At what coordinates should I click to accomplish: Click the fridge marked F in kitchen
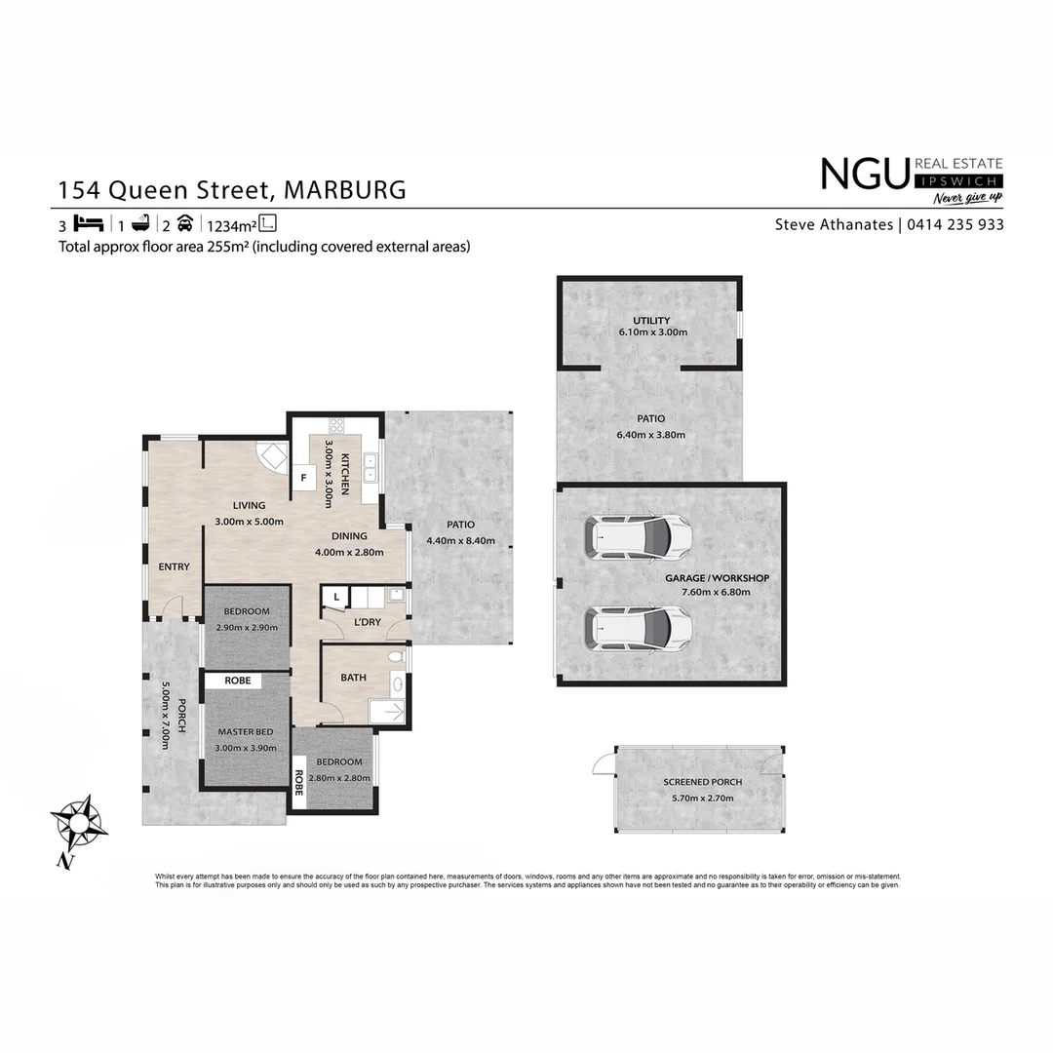click(x=304, y=478)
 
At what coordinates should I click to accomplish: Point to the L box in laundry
click(x=335, y=597)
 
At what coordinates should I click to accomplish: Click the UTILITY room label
click(x=651, y=321)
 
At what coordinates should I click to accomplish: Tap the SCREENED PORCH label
click(x=702, y=782)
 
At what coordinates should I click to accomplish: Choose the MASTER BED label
click(x=246, y=731)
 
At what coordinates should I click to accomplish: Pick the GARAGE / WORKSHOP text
click(x=717, y=578)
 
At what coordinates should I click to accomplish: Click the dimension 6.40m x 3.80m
click(x=651, y=435)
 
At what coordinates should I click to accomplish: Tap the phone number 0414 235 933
click(x=955, y=224)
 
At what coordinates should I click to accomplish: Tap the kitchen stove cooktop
click(x=337, y=426)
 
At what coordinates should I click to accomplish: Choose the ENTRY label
click(x=175, y=566)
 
